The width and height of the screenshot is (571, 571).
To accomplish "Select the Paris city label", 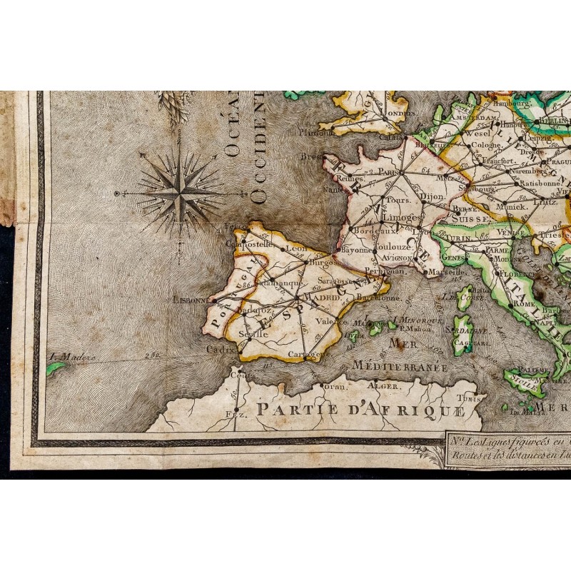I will (387, 171).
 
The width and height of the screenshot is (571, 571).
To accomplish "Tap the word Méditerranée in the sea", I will (400, 367).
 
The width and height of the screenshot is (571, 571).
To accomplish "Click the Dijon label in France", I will (431, 196).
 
